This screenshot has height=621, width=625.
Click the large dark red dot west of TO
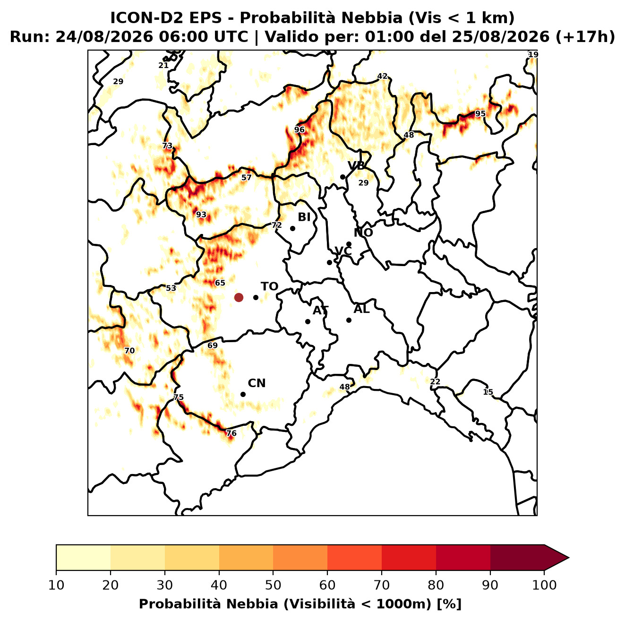[239, 297]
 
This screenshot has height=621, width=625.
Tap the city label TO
[269, 286]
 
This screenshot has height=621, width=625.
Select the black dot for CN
[243, 394]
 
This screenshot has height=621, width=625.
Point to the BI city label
[304, 217]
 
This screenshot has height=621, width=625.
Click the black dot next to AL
[349, 320]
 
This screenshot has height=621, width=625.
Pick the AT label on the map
[320, 310]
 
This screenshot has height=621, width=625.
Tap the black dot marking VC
[330, 262]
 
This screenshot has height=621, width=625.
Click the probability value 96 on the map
[300, 130]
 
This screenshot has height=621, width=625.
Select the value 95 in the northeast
[480, 113]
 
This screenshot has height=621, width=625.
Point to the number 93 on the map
[201, 215]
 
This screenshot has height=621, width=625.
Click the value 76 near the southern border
[231, 433]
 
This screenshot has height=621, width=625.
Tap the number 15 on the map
[488, 392]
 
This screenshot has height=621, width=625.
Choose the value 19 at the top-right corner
[533, 54]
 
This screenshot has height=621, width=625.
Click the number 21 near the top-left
[163, 65]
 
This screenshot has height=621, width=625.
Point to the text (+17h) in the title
[585, 37]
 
